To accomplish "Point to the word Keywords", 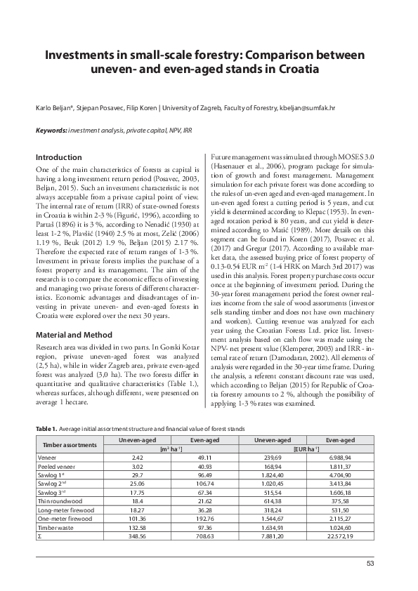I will [51, 131].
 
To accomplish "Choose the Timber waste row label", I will [53, 527].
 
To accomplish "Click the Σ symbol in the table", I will [39, 536].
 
